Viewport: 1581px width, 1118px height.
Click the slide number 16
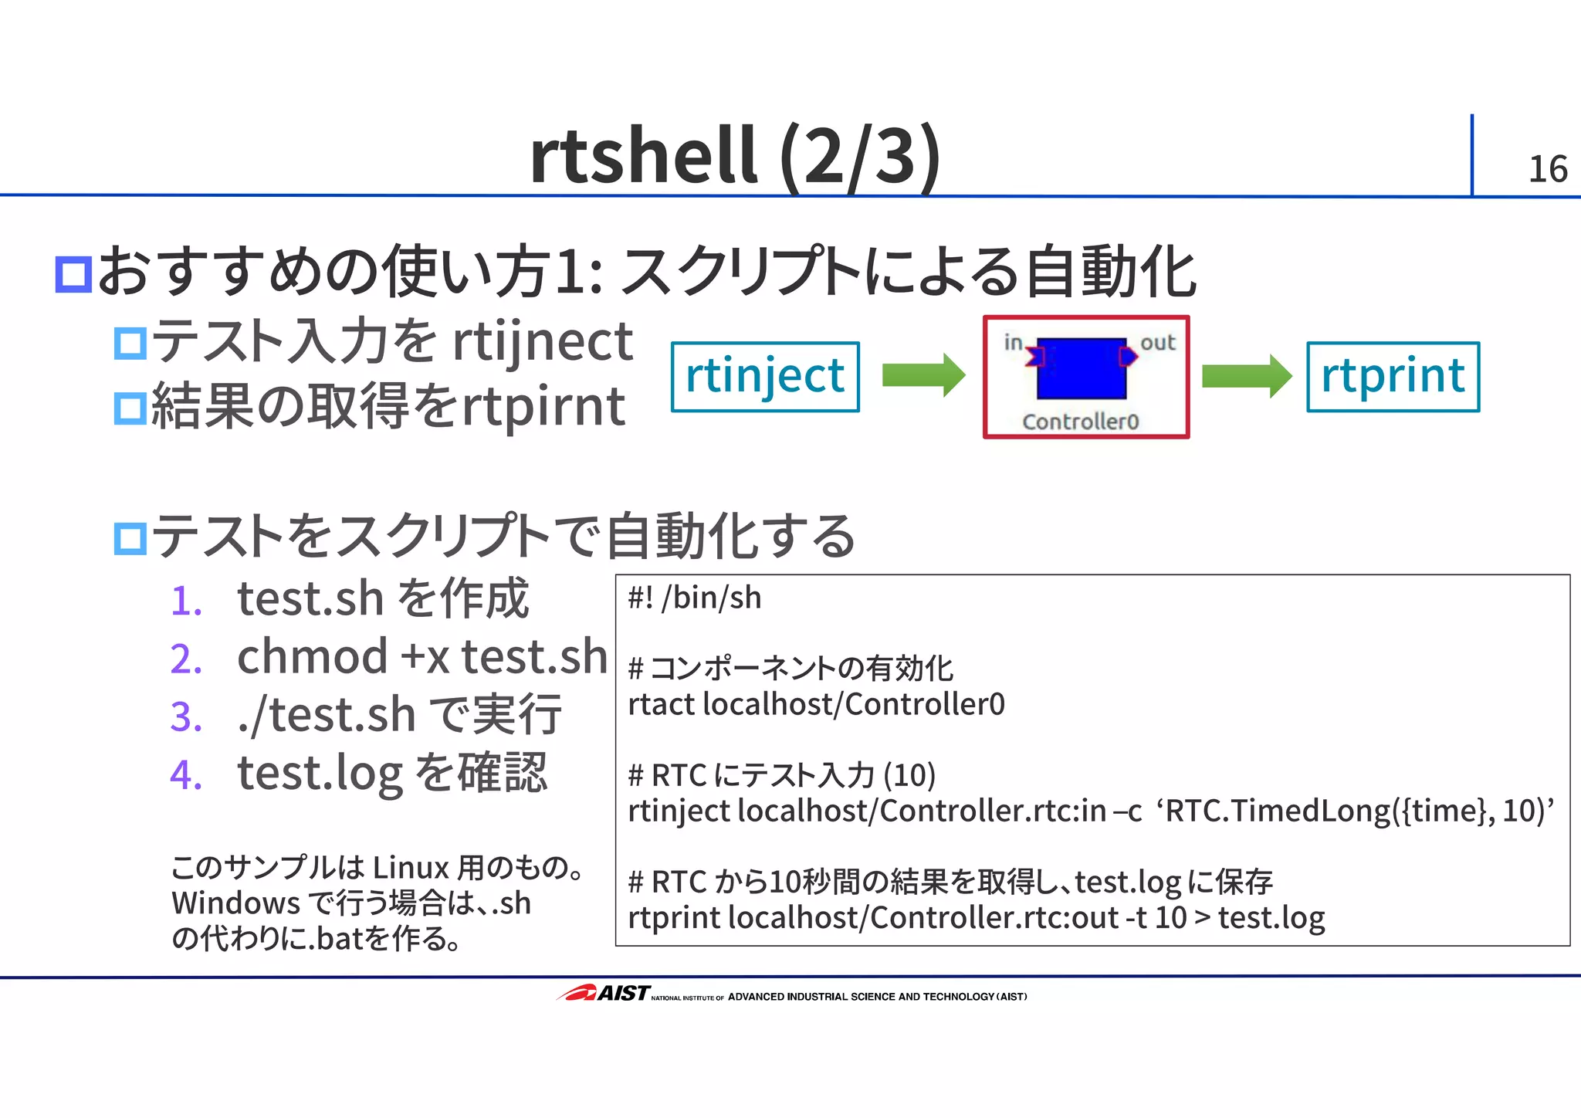click(1547, 169)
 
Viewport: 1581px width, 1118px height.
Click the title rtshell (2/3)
click(734, 156)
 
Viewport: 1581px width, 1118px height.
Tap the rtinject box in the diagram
click(765, 377)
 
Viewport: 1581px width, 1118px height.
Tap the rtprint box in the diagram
click(1393, 377)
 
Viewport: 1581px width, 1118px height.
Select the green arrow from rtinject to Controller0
click(923, 375)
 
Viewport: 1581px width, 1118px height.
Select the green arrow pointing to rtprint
click(1245, 376)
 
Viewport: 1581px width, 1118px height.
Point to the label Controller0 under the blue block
click(1080, 422)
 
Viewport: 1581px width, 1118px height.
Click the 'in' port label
click(1013, 342)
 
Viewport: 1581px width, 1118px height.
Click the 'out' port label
click(1157, 343)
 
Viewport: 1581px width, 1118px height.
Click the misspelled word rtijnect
click(542, 342)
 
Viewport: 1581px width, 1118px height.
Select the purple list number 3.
click(186, 717)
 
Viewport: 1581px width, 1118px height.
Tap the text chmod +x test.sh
click(421, 657)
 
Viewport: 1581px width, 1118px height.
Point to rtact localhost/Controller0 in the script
click(816, 704)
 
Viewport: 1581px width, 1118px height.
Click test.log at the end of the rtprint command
click(1271, 918)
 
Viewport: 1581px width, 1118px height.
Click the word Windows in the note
click(235, 903)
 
